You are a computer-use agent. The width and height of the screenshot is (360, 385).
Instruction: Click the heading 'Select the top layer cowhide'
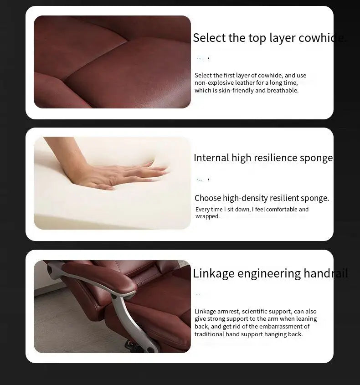pos(269,38)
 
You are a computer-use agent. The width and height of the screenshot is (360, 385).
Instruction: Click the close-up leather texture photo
pos(112,62)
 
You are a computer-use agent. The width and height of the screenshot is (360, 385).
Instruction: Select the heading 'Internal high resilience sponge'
pos(263,158)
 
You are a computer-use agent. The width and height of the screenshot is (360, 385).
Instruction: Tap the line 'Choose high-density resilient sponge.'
pos(262,198)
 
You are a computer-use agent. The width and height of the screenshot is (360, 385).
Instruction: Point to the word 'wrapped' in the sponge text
pos(207,216)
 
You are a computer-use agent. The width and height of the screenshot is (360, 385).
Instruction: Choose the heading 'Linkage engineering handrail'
pos(270,273)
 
